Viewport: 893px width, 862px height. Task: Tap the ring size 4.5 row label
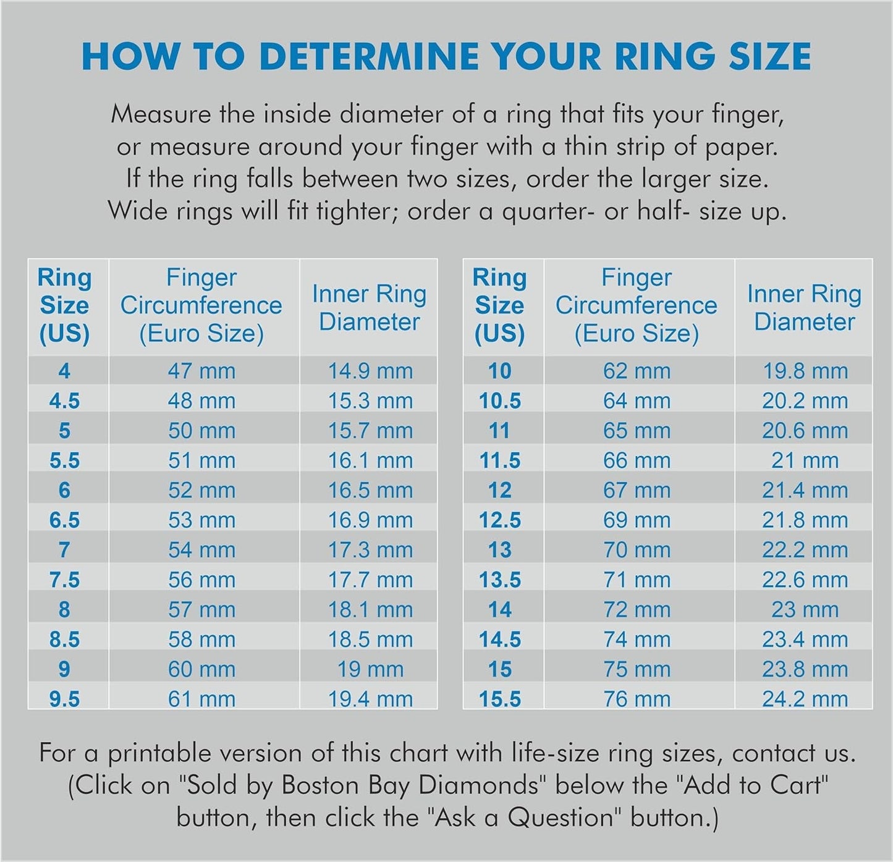(65, 401)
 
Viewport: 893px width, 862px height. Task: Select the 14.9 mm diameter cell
(370, 371)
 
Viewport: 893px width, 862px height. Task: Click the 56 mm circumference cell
(201, 580)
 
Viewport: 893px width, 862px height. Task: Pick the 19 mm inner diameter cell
(370, 669)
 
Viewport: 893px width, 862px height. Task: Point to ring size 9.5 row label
(65, 699)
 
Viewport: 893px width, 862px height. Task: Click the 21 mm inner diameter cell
(805, 460)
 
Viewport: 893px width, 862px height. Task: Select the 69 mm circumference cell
(637, 520)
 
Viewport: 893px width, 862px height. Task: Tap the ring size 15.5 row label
(500, 699)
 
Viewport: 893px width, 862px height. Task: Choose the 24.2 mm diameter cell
(805, 699)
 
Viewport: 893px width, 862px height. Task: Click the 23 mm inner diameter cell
(805, 610)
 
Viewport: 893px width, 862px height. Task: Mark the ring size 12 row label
(500, 491)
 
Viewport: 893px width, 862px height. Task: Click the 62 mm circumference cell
(637, 371)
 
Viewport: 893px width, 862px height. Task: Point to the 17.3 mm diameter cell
(370, 550)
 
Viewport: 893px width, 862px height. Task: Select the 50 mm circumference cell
(201, 431)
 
